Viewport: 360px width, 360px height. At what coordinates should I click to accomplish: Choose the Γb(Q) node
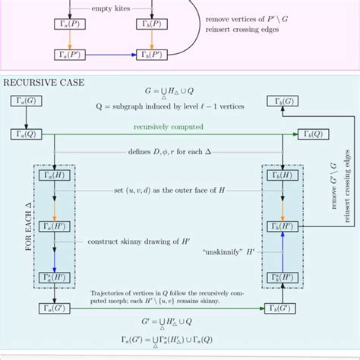tap(281, 134)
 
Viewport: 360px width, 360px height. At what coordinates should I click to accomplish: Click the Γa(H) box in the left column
tap(54, 175)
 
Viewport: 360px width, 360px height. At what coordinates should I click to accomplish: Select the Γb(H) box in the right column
tap(281, 175)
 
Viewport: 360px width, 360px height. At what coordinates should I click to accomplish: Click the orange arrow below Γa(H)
tap(54, 200)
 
